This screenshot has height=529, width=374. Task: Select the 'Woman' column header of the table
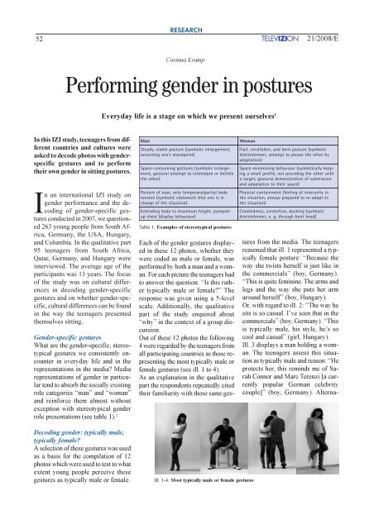[x=248, y=141]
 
